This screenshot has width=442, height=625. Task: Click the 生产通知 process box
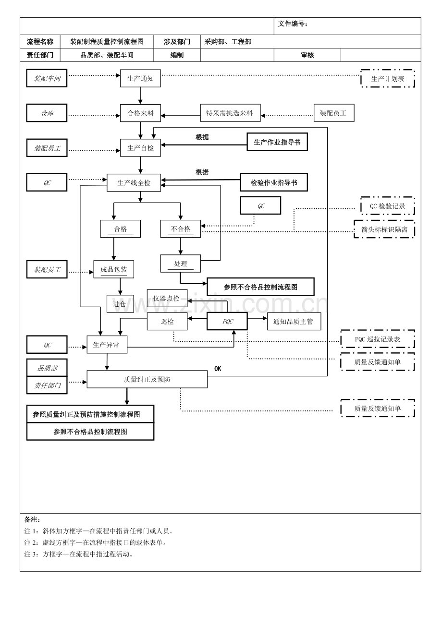(140, 78)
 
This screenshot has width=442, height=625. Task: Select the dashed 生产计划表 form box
(387, 78)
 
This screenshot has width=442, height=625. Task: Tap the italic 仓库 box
(47, 113)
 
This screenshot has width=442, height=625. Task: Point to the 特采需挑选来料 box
(230, 113)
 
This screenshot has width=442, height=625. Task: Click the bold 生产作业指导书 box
(277, 142)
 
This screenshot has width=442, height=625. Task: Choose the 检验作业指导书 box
(274, 182)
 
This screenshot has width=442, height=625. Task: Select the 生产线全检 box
(134, 183)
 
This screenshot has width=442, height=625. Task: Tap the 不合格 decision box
(181, 229)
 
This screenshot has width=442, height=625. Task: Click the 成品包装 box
(114, 269)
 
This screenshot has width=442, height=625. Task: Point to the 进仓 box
(120, 304)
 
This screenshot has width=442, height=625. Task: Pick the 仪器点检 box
(167, 298)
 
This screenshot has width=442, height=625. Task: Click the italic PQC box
(227, 322)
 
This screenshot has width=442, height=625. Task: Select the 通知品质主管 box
(294, 322)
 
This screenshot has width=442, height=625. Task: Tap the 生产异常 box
(107, 345)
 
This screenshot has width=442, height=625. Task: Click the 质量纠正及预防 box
(147, 379)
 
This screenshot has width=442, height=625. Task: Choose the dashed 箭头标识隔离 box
(384, 229)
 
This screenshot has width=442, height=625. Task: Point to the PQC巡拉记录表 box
(378, 339)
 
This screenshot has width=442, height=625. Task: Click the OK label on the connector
(218, 369)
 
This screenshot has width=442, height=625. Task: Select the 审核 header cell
(307, 55)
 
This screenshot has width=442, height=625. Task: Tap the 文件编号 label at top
(293, 24)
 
